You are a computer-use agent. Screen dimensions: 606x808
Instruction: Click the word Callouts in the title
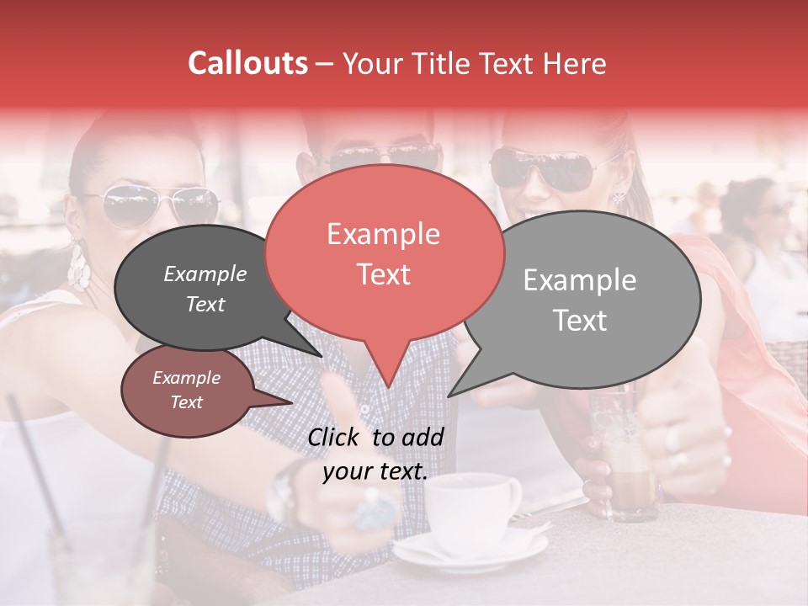click(247, 63)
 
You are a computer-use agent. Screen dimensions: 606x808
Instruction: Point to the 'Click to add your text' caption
click(375, 454)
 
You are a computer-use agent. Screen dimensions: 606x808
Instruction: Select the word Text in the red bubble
click(384, 274)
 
